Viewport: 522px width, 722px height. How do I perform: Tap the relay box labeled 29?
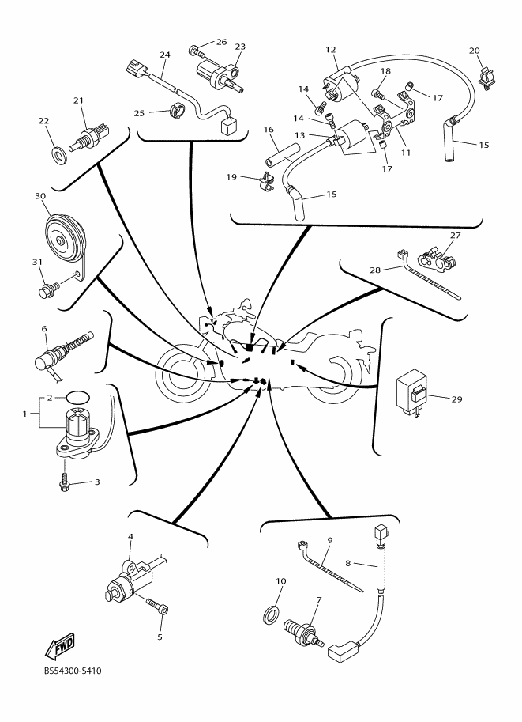coord(414,387)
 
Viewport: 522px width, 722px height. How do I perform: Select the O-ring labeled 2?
coord(77,395)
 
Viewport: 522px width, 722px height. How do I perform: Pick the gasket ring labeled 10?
coord(270,612)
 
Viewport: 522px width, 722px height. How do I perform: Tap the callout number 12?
coord(330,50)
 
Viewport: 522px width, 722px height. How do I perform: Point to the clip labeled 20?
coord(487,77)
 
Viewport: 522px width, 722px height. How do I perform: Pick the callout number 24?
coord(165,55)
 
